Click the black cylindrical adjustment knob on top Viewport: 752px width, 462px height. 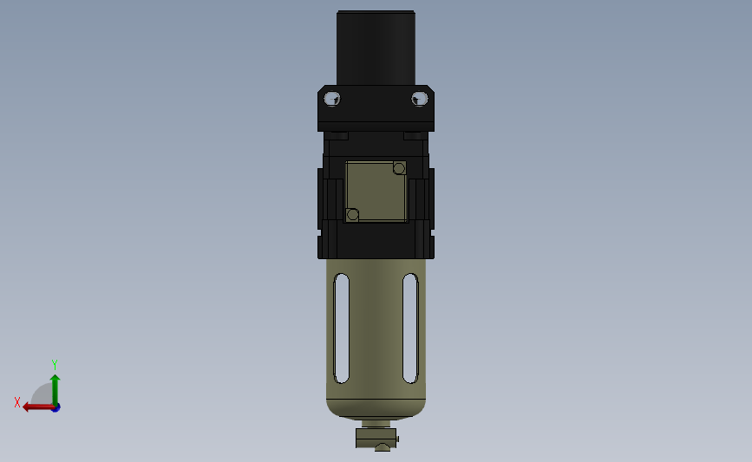[376, 48]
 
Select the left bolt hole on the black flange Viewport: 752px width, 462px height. [332, 99]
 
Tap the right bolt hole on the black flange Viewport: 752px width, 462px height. [420, 99]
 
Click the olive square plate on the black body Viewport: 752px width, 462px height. [376, 192]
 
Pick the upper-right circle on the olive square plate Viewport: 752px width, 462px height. [399, 168]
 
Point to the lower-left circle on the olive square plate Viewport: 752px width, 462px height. [352, 215]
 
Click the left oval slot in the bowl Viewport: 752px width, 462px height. [342, 329]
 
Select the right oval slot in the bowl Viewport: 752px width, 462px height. [410, 329]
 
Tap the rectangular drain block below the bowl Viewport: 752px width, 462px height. [376, 438]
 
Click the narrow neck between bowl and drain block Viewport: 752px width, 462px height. [376, 424]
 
